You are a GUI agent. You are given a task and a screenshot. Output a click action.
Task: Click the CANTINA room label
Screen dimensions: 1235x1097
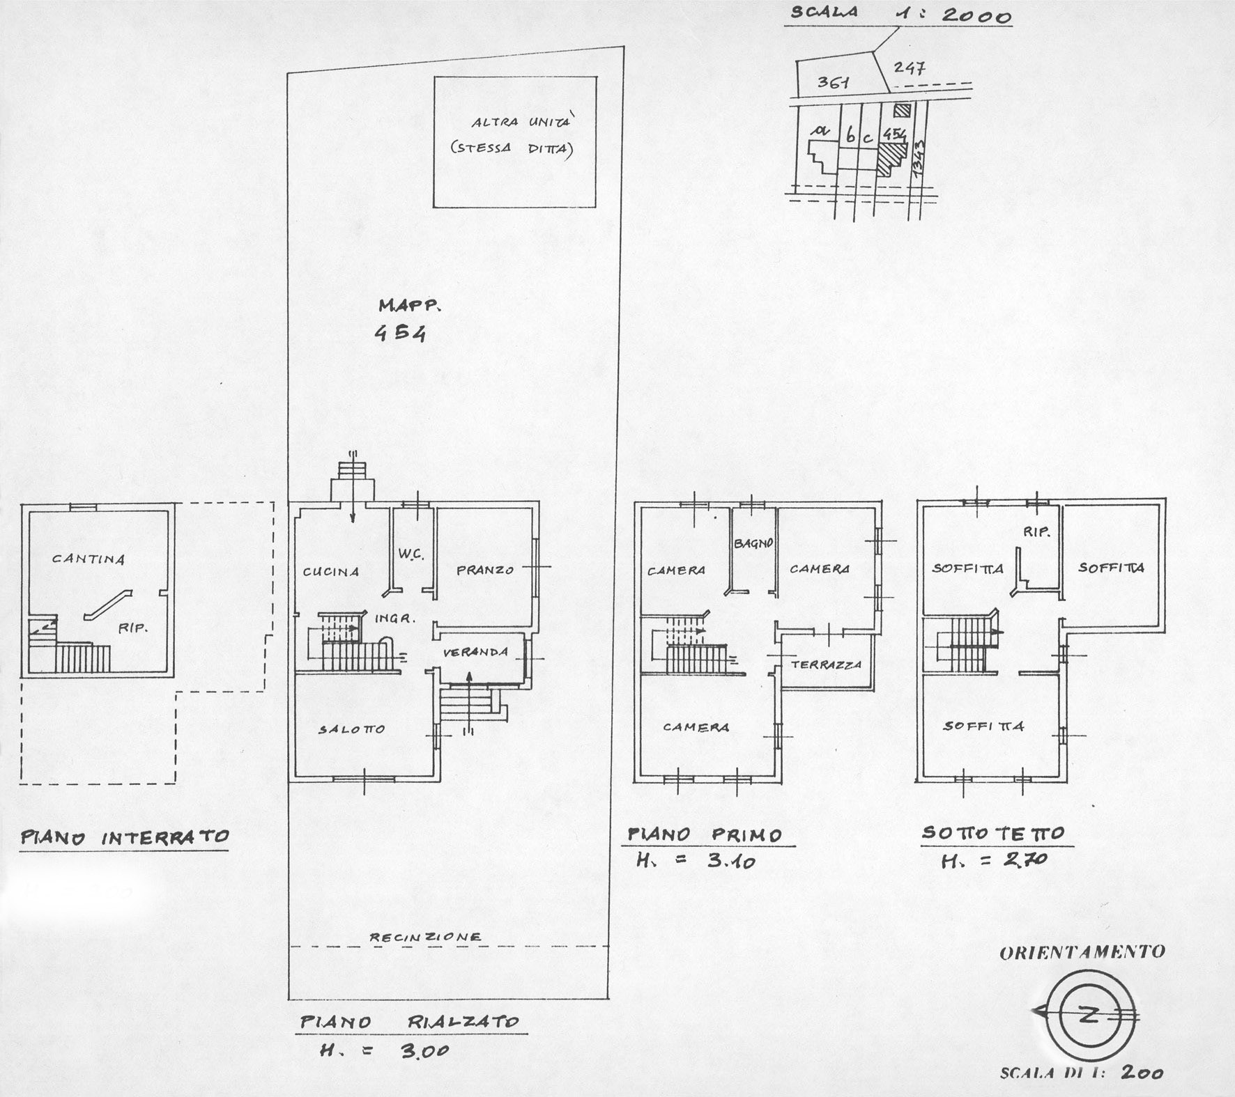89,559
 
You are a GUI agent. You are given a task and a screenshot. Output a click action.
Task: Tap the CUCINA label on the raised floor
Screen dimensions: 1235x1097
331,572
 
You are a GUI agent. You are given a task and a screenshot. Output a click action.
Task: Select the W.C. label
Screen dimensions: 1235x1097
411,555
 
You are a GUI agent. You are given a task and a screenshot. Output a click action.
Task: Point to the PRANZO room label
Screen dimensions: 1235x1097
485,570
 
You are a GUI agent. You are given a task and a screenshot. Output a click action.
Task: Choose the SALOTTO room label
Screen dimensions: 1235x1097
352,729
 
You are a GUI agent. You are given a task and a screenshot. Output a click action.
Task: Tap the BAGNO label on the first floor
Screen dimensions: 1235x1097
754,543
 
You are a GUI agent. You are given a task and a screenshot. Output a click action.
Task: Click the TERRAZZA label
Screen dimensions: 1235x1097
826,664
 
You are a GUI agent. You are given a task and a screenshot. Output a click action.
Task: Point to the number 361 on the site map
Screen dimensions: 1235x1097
833,82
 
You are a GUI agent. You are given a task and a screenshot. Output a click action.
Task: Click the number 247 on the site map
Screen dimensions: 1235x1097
909,68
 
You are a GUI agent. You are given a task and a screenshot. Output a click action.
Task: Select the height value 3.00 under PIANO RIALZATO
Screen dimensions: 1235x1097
423,1051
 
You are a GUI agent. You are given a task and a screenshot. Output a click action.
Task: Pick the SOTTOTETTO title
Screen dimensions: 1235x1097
993,833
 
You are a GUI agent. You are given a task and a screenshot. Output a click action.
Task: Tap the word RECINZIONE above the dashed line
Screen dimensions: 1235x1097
425,937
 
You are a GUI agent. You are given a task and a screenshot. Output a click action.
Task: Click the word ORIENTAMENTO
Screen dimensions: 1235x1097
1082,952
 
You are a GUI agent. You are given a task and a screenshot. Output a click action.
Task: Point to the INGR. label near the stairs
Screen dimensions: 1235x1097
395,618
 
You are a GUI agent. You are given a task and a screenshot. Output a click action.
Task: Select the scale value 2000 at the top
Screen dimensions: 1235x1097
977,15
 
